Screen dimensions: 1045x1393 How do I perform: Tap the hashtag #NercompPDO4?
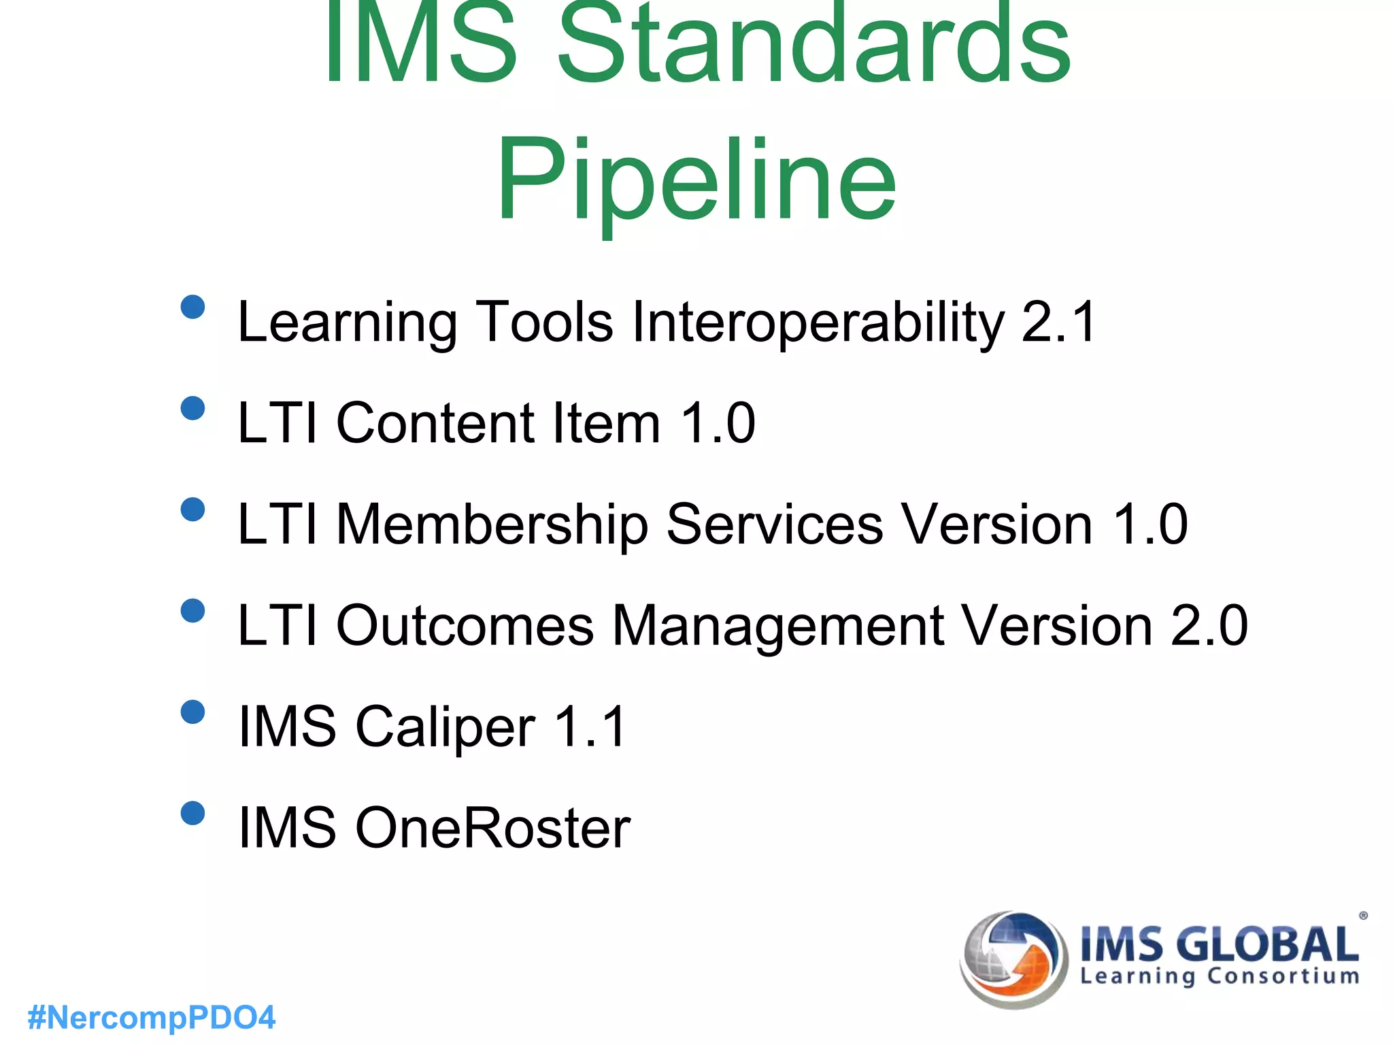tap(152, 1018)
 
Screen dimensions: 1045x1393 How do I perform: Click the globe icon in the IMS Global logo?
tap(1013, 959)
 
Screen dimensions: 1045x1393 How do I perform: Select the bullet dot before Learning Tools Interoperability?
tap(193, 307)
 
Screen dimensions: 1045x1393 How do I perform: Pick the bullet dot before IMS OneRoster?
tap(193, 813)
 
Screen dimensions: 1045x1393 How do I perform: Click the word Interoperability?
tap(818, 322)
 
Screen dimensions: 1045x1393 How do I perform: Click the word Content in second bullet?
tap(435, 423)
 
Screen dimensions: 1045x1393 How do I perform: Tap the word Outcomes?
tap(465, 625)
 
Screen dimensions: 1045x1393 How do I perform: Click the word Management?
tap(778, 625)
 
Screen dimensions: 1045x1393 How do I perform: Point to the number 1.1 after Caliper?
tap(590, 727)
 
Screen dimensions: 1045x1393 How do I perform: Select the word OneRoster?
tap(492, 828)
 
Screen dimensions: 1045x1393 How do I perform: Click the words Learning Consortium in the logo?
tap(1220, 976)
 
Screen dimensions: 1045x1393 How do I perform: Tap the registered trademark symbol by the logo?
tap(1363, 916)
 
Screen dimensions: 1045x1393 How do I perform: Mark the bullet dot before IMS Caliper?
tap(193, 712)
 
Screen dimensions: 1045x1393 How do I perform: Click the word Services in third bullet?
tap(775, 525)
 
